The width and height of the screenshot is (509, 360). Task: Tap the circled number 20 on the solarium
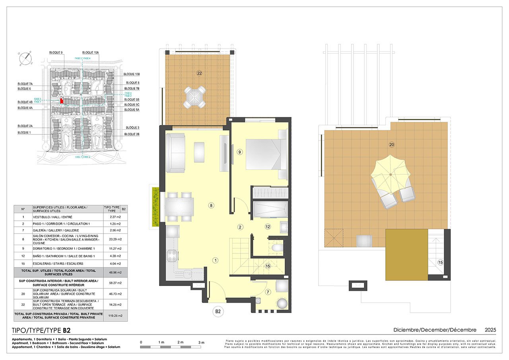[392, 145]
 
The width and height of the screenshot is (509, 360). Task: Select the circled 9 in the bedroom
[239, 152]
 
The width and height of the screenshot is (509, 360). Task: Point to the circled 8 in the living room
[212, 206]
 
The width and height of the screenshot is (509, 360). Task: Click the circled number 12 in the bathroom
[268, 227]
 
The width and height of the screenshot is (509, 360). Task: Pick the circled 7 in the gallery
[268, 292]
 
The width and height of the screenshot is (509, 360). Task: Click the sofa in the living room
[175, 153]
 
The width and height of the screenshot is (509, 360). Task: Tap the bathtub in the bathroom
[270, 209]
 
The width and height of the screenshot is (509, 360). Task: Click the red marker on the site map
[61, 101]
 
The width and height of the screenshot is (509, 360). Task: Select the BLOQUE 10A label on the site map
[90, 53]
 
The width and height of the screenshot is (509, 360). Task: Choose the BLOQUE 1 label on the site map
[24, 132]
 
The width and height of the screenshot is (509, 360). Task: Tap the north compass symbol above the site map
[26, 59]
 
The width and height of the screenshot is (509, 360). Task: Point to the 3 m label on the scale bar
[201, 342]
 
